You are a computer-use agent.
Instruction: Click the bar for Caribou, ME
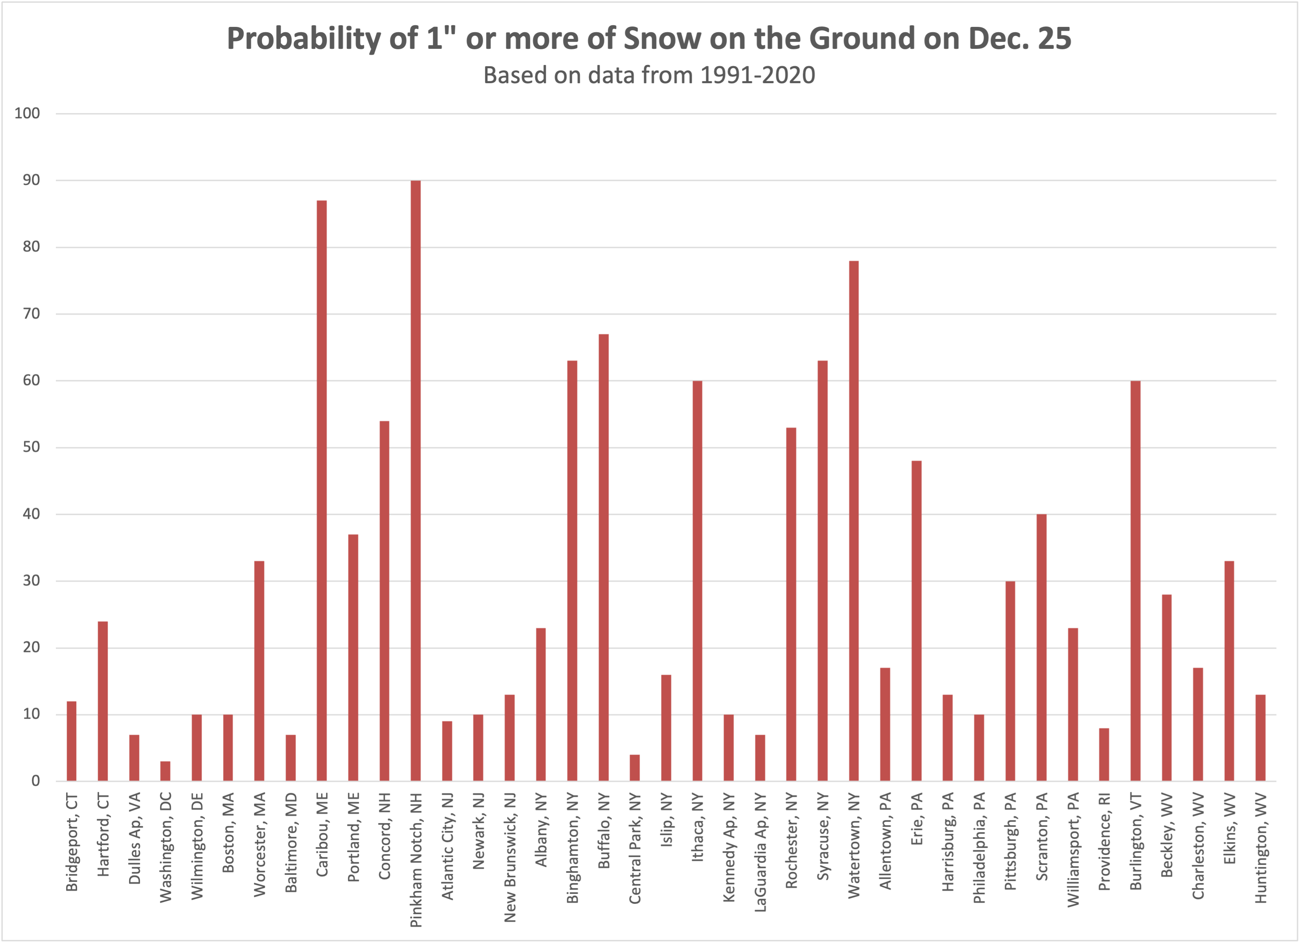pos(322,490)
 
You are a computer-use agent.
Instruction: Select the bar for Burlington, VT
pos(1135,580)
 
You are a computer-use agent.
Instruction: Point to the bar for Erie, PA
pos(916,621)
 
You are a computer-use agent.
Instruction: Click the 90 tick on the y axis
pos(31,180)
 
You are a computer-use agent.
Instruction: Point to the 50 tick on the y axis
pos(31,447)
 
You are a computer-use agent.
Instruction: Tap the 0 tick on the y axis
pos(36,781)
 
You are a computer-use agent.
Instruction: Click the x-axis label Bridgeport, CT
pos(72,842)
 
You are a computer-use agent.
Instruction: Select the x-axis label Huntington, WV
pos(1260,848)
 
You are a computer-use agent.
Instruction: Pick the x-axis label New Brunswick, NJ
pos(509,858)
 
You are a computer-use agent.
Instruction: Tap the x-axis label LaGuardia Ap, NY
pos(760,852)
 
